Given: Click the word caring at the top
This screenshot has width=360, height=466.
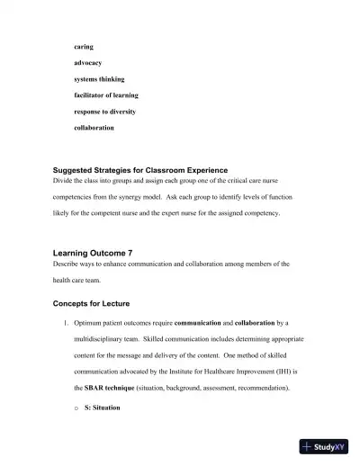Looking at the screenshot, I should (x=84, y=46).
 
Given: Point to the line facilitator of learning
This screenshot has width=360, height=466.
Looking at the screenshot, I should (x=106, y=94).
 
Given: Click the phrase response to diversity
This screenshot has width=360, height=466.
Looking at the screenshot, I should (x=106, y=111).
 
